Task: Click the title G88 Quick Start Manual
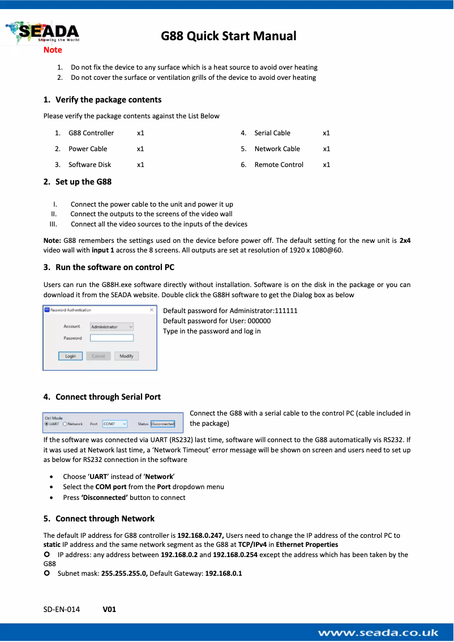(x=228, y=36)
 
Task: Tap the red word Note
(x=53, y=50)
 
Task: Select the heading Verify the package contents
(x=108, y=100)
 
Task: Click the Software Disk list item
(x=89, y=165)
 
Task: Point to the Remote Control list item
(x=279, y=165)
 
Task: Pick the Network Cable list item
(x=277, y=149)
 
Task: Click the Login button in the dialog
(x=70, y=356)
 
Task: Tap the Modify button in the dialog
(x=126, y=356)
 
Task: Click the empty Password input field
(x=112, y=338)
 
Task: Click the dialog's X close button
(x=151, y=310)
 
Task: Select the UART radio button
(x=46, y=423)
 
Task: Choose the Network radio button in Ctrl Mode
(x=65, y=423)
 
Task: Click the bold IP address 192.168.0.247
(x=201, y=535)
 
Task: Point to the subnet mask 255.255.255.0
(x=124, y=573)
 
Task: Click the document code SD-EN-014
(x=62, y=610)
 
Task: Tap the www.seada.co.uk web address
(x=378, y=633)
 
